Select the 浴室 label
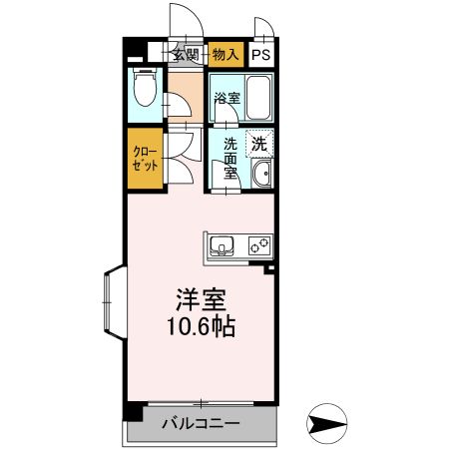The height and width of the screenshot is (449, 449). point(226,98)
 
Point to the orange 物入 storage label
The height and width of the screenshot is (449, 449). point(224,57)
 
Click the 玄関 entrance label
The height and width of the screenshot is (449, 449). point(186,56)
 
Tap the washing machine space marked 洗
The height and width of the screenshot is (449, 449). point(259,144)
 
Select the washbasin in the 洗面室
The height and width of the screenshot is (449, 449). point(261,176)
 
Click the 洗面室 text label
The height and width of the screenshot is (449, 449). point(230,158)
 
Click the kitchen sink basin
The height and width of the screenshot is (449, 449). point(222,244)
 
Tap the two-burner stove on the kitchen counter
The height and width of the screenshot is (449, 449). point(258,244)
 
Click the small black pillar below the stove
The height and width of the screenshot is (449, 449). point(267,267)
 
